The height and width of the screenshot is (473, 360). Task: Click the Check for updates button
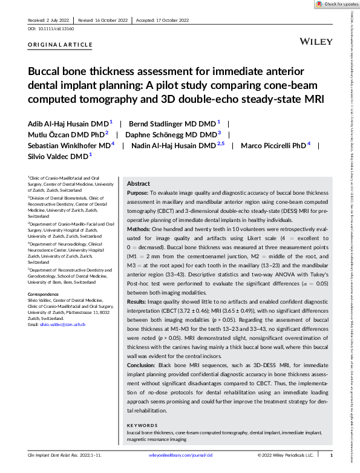pos(336,4)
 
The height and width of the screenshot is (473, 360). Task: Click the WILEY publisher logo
pos(316,41)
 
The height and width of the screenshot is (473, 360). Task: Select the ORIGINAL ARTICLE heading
pos(61,45)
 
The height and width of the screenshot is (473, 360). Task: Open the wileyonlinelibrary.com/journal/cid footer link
pos(180,455)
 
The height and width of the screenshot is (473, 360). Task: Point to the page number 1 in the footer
pos(331,455)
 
